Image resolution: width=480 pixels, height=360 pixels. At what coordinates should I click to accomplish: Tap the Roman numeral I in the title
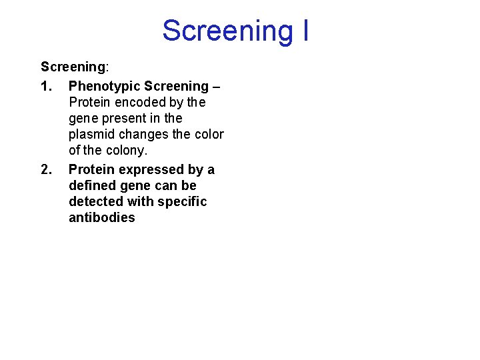pyautogui.click(x=304, y=31)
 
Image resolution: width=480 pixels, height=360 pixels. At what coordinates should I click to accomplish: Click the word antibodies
pyautogui.click(x=101, y=217)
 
